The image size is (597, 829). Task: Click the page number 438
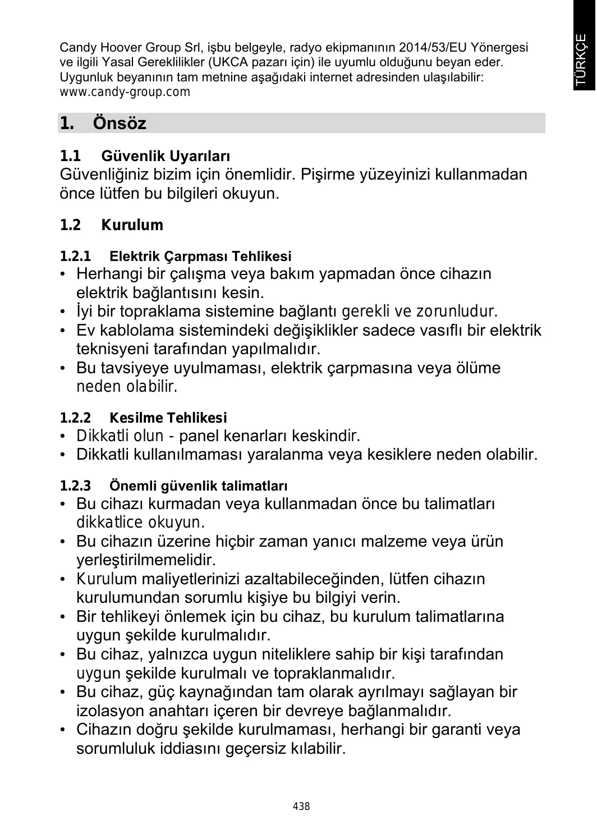point(301,807)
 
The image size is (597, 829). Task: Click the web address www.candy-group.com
point(125,91)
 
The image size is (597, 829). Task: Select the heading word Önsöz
point(120,123)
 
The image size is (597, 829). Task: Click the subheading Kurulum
point(132,225)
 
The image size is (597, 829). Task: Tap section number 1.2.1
point(75,257)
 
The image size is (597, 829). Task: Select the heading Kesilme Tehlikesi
point(168,418)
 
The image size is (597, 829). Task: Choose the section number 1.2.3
point(75,485)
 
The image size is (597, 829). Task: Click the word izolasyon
point(110,711)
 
